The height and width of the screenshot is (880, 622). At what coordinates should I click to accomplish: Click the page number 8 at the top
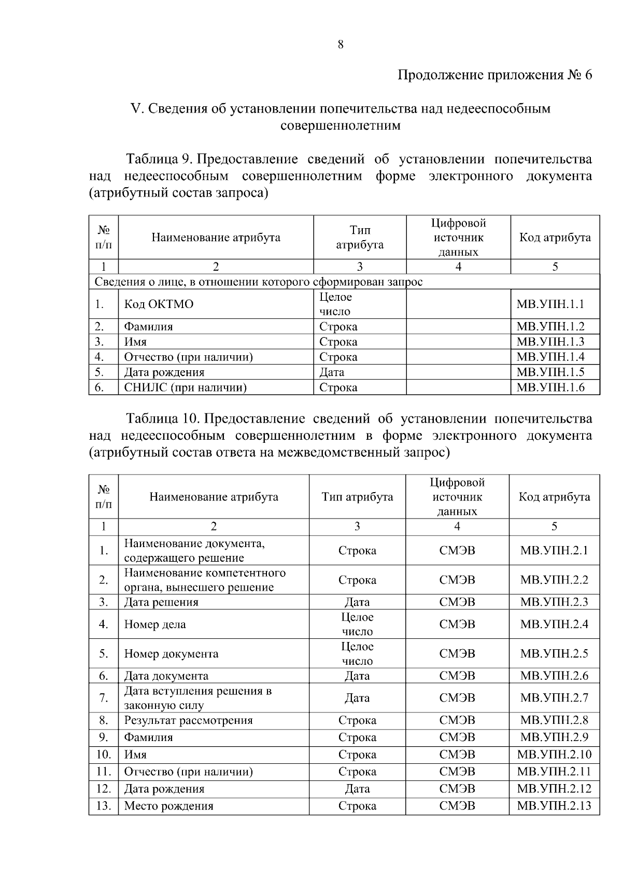[341, 45]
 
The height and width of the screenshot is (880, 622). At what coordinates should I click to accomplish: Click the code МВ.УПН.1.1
[550, 304]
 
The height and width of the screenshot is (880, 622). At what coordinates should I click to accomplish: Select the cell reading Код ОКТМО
[159, 304]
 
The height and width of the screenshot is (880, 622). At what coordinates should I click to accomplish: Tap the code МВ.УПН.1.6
[550, 387]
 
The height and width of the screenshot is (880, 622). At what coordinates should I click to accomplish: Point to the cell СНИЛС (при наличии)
[185, 387]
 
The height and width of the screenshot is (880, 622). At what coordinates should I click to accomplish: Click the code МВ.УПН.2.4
[554, 624]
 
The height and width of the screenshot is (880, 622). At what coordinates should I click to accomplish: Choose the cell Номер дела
[155, 624]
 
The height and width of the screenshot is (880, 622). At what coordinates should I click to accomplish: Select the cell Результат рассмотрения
[188, 720]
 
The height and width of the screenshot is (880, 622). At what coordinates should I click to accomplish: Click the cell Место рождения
[168, 806]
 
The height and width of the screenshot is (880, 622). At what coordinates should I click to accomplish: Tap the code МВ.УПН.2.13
[554, 806]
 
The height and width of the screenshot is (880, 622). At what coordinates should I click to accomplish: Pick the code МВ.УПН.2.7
[554, 698]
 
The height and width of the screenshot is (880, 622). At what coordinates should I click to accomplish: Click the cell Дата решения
[161, 602]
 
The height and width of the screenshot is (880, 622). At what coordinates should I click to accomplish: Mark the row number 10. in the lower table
[104, 755]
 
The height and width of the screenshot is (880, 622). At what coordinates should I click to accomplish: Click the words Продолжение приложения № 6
[494, 75]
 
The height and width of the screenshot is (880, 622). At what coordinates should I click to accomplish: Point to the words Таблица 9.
[160, 159]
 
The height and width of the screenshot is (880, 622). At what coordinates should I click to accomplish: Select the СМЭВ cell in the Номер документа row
[457, 654]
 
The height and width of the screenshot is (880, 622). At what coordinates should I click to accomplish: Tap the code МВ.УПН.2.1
[554, 551]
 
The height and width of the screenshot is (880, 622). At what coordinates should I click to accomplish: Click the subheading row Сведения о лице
[258, 282]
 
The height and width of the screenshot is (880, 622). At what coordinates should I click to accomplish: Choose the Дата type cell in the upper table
[332, 372]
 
